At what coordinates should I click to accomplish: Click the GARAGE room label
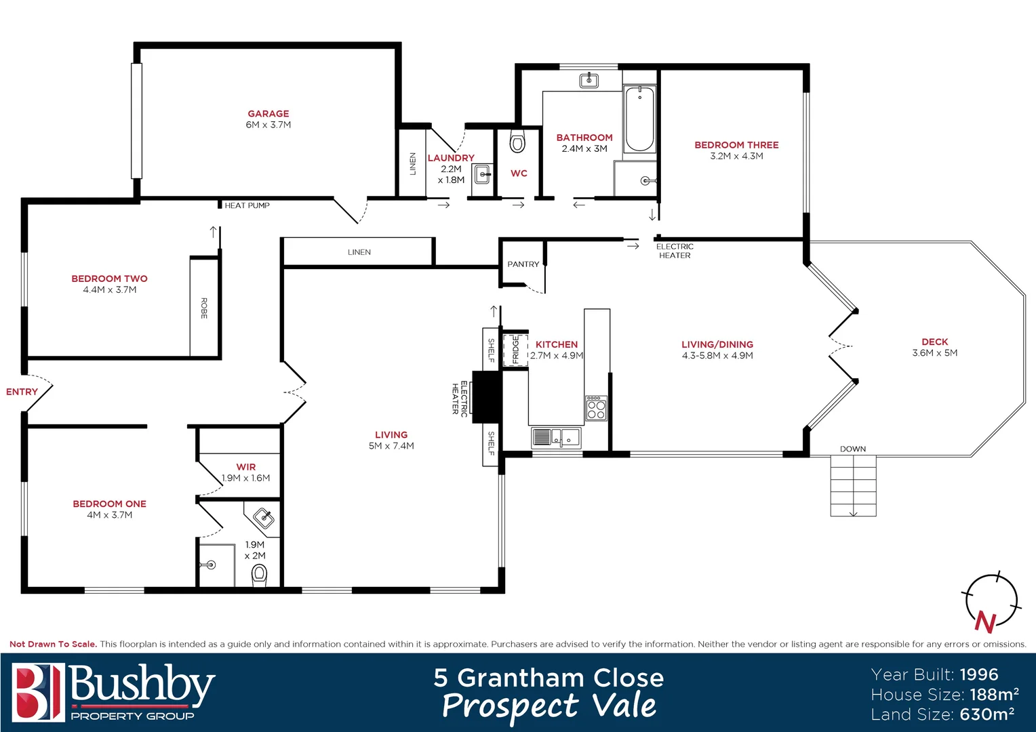pos(268,114)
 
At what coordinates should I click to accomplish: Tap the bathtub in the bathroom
pos(639,120)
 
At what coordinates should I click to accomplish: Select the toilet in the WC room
pos(517,143)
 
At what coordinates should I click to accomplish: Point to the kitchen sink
pos(556,438)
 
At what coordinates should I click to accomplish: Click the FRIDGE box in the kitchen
pos(515,350)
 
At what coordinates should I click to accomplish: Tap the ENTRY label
pos(22,392)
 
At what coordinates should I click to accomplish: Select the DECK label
pos(934,342)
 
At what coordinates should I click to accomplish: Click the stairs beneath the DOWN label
pos(853,486)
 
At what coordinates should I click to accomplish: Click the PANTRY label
pos(523,264)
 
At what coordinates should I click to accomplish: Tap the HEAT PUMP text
pos(247,205)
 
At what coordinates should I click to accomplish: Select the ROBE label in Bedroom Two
pos(203,308)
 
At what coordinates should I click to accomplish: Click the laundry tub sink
pos(482,175)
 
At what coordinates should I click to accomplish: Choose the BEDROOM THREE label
pos(736,145)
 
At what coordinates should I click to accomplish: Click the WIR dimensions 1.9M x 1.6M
pos(245,478)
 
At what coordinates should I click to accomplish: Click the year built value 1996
pos(978,674)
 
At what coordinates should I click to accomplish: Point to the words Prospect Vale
pos(549,706)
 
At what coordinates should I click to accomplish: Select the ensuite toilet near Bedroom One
pos(259,576)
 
